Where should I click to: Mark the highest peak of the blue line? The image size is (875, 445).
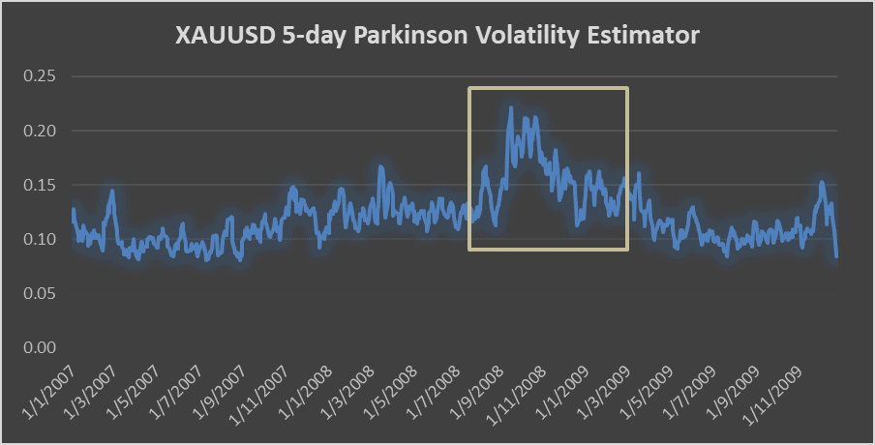tap(510, 107)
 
